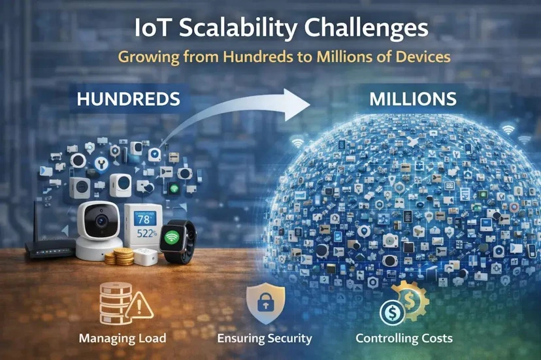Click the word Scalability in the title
tap(238, 29)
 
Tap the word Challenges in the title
tap(367, 28)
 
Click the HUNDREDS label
tap(128, 99)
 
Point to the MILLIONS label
tap(413, 99)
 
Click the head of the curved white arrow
tap(296, 105)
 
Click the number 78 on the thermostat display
tap(144, 220)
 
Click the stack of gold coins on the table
tap(120, 257)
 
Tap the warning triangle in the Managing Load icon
tap(139, 305)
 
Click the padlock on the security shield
tap(266, 302)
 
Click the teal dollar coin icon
tap(392, 313)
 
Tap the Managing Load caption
tap(122, 338)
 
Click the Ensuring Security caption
tap(265, 338)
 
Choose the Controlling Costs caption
tap(404, 338)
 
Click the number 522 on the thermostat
tap(145, 234)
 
